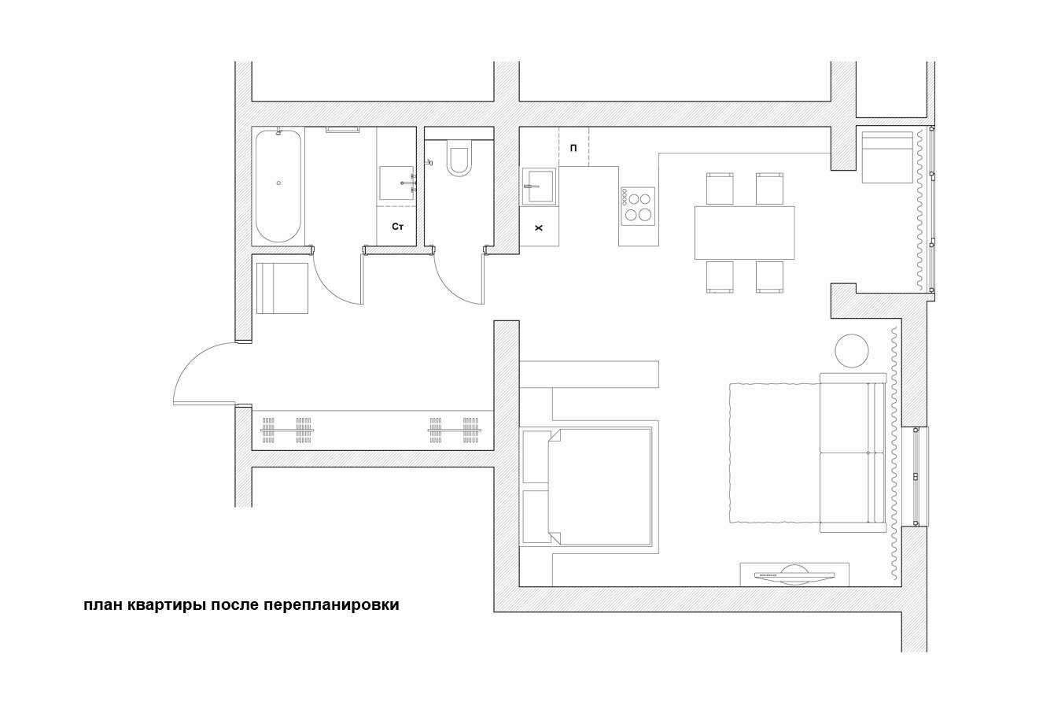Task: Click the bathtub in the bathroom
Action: point(278,186)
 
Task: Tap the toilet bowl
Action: point(459,161)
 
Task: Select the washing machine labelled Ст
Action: point(396,227)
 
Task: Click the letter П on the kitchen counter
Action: point(573,148)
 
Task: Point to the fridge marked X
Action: point(540,228)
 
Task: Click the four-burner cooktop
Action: point(638,206)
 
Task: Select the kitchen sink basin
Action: point(539,187)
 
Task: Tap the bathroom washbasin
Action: point(396,183)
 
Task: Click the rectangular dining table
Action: point(744,233)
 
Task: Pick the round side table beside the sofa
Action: point(852,350)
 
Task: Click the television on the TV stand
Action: point(794,575)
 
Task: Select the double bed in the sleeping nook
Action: point(600,486)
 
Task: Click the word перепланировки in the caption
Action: point(331,605)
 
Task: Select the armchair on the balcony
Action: point(887,157)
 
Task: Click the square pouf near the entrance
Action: point(282,288)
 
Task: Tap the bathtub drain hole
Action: point(278,183)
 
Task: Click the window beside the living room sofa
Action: point(916,476)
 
